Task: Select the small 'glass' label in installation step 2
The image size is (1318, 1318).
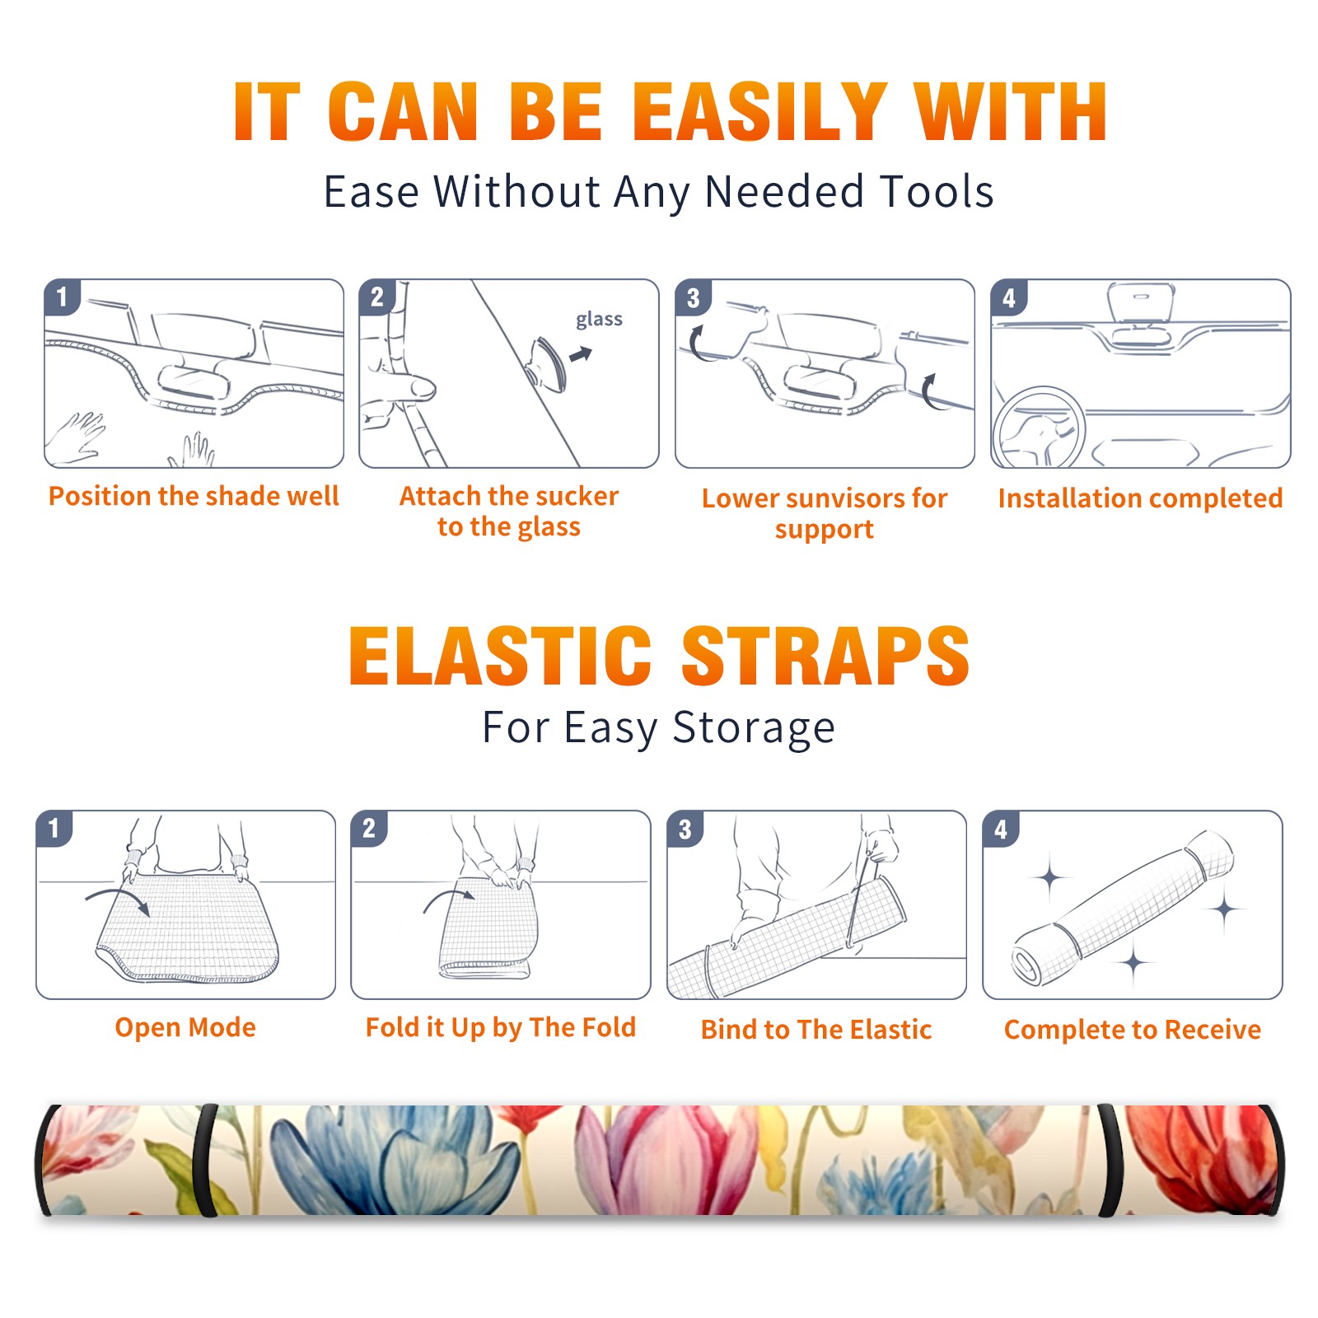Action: click(x=599, y=320)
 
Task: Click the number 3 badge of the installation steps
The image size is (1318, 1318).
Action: click(x=694, y=297)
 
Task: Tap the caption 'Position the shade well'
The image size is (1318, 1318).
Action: click(x=194, y=496)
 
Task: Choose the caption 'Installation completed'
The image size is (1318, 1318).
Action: click(x=1140, y=498)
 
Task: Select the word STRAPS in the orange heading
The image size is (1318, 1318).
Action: click(x=825, y=656)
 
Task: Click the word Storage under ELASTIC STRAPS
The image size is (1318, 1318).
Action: click(x=754, y=728)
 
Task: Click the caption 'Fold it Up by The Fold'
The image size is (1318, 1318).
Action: click(x=501, y=1027)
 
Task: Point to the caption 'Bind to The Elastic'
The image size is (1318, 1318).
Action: click(x=816, y=1029)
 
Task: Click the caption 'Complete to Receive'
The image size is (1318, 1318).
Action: click(x=1133, y=1029)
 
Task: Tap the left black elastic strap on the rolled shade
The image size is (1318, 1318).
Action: click(x=206, y=1161)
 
